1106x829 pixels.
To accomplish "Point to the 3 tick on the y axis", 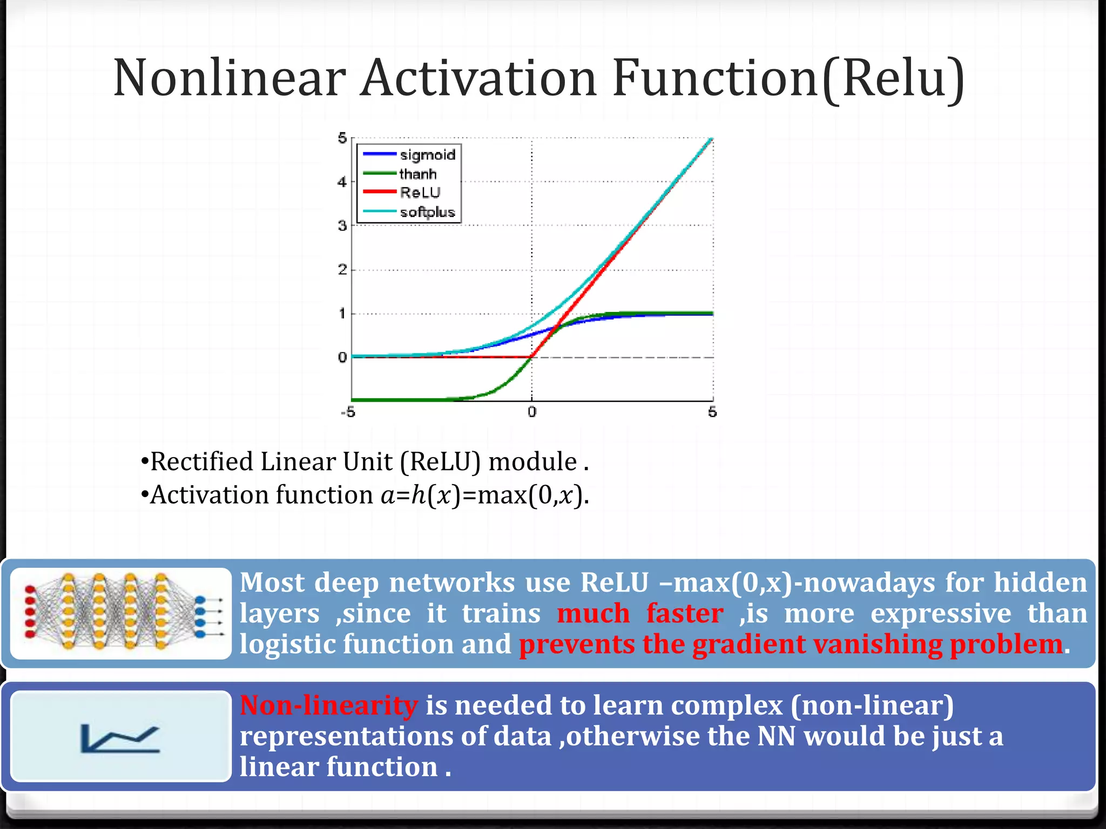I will pos(342,226).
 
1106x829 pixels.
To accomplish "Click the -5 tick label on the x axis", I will pos(348,412).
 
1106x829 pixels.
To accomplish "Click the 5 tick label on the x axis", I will pos(712,412).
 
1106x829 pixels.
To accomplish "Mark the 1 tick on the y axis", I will pos(342,314).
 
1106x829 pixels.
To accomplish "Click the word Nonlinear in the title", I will pos(230,78).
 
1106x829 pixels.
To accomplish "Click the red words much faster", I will pos(640,614).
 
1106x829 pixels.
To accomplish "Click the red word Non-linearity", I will pos(328,705).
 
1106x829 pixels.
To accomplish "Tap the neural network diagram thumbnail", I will pos(121,613).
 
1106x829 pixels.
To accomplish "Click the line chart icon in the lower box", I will pos(120,738).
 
